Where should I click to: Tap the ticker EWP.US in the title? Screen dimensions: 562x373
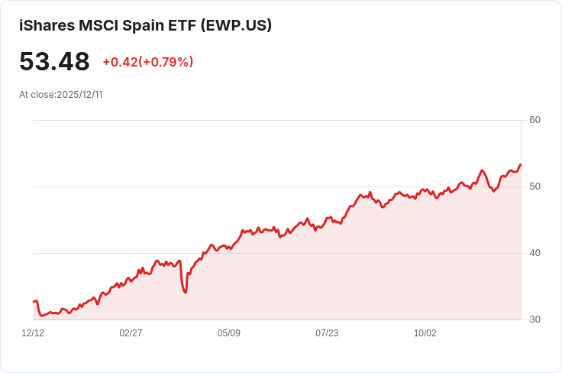pos(235,25)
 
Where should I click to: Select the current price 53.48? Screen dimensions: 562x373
pos(54,61)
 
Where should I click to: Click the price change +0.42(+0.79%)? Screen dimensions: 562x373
pos(148,62)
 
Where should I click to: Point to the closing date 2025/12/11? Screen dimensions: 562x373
pos(79,95)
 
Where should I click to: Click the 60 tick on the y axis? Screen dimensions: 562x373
pos(535,120)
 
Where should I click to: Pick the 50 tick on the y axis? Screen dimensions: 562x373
pos(535,186)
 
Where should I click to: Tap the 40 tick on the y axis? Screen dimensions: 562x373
pos(535,253)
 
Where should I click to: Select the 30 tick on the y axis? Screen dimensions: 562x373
pos(535,319)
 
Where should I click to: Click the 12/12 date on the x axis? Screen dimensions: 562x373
pos(33,333)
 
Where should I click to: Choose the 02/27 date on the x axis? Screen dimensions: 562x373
pos(131,333)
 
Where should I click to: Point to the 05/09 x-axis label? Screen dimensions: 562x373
pos(228,333)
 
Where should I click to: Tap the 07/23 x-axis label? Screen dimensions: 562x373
pos(327,333)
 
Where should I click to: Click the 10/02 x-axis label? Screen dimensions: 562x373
pos(425,333)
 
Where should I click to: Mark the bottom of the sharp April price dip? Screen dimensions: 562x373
pos(186,292)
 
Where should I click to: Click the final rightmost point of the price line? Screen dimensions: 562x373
pos(521,164)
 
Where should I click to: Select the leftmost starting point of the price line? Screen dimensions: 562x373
pos(34,302)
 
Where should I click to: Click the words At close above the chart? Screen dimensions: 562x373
pos(37,95)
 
